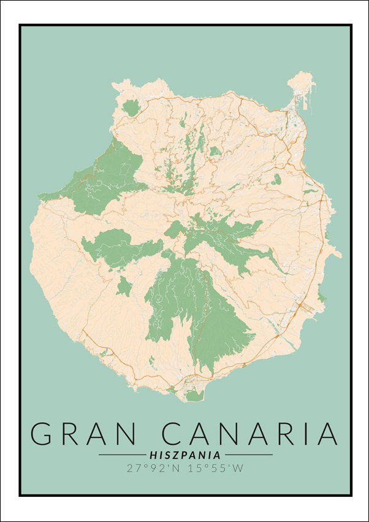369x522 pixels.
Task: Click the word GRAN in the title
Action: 83,433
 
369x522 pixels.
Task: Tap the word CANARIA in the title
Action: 250,433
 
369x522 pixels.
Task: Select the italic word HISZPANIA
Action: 185,455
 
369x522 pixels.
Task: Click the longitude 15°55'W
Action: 215,469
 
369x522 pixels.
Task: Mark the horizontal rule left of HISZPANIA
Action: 122,455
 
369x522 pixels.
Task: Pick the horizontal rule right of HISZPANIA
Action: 248,455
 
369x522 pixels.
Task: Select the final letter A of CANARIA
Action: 325,433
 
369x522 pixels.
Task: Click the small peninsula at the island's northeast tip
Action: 302,83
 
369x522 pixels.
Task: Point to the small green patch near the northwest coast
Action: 131,108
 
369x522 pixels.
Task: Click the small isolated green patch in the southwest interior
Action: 124,286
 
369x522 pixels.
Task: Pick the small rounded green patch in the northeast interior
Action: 277,179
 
